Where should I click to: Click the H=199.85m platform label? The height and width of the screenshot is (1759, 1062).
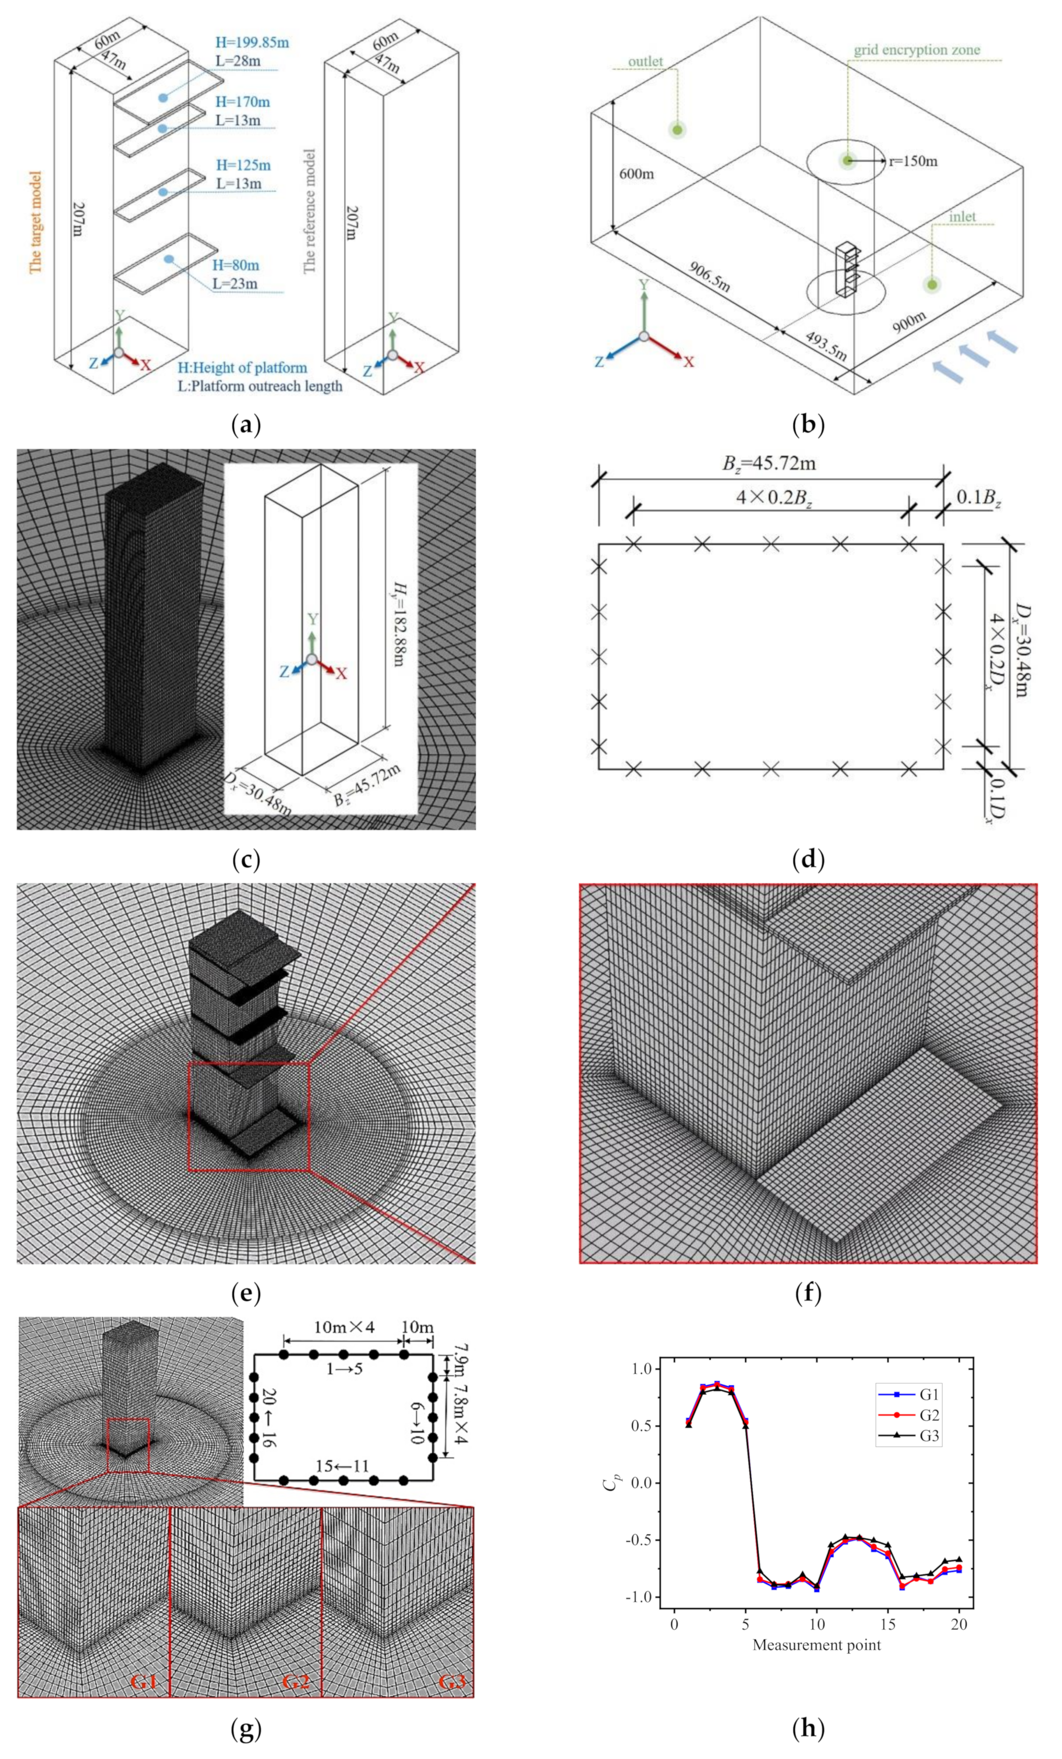click(252, 42)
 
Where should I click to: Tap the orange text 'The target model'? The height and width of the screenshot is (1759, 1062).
click(35, 221)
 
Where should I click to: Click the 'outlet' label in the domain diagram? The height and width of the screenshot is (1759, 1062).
click(645, 61)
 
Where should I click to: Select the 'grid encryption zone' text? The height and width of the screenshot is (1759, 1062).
click(916, 50)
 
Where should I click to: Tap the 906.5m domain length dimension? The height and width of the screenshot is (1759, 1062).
click(709, 275)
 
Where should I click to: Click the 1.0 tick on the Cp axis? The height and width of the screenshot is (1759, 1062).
click(641, 1369)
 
